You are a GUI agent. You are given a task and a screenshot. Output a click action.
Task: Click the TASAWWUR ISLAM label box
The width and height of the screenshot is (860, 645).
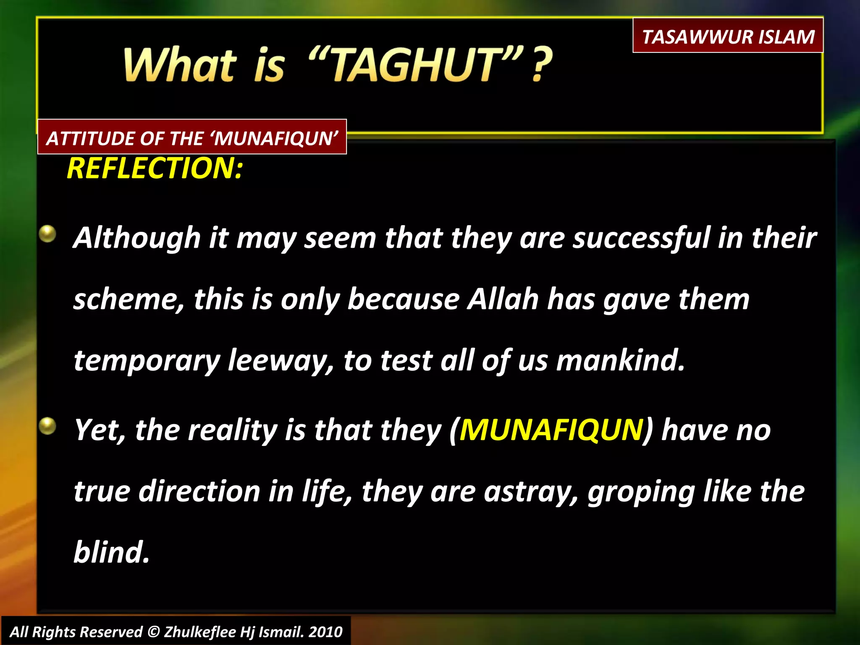[728, 36]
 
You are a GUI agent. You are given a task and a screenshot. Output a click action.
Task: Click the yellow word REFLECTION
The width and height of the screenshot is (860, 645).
[154, 168]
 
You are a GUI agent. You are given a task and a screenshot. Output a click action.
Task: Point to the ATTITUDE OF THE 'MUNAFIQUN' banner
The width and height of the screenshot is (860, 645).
[192, 138]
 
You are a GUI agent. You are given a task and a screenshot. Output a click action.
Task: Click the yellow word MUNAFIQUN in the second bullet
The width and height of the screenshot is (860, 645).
[551, 430]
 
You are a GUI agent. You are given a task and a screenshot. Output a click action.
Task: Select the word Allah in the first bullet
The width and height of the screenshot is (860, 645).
[503, 299]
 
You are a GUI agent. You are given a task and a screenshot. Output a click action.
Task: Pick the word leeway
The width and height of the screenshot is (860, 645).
[281, 361]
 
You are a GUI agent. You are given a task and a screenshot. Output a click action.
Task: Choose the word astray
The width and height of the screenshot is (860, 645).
[531, 492]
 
